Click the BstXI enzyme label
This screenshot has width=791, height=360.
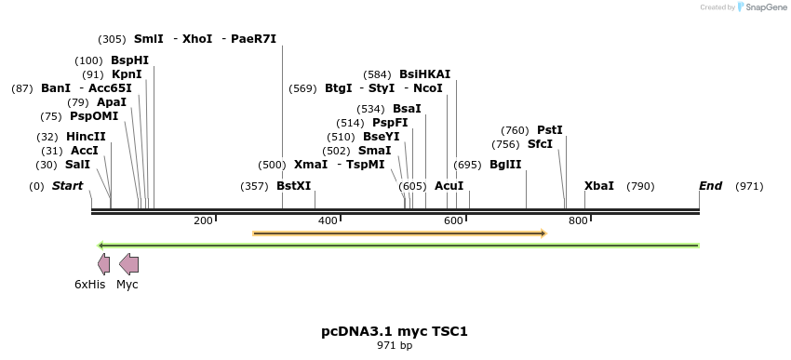(293, 186)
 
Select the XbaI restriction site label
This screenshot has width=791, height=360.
(598, 186)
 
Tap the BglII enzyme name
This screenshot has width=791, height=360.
(505, 165)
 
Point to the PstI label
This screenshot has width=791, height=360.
(550, 130)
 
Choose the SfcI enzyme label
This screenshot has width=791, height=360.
(540, 144)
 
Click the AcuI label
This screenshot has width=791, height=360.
(449, 186)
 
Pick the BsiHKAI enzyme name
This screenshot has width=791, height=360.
(424, 74)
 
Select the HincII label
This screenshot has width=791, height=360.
(86, 137)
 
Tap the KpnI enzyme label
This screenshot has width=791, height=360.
(127, 74)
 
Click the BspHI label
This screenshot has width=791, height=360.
(129, 60)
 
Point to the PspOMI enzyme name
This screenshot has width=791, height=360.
(93, 116)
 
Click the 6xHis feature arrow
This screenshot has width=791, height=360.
(103, 264)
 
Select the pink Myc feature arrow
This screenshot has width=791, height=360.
(129, 264)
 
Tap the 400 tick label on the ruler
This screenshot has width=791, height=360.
(328, 220)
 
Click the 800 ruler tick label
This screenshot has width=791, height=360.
(577, 220)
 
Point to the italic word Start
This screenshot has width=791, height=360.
(67, 186)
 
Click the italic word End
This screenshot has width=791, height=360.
(710, 186)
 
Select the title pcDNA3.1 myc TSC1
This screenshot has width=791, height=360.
(395, 330)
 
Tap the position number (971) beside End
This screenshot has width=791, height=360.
(749, 186)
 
